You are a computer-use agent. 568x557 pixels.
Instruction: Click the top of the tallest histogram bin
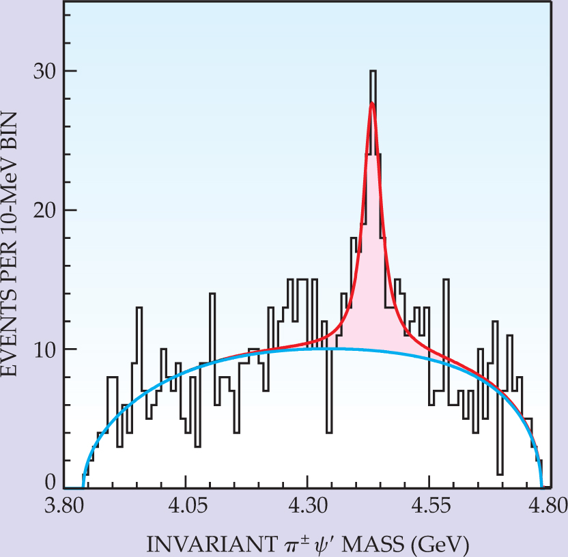373,71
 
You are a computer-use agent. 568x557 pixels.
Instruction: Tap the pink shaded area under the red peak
372,300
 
